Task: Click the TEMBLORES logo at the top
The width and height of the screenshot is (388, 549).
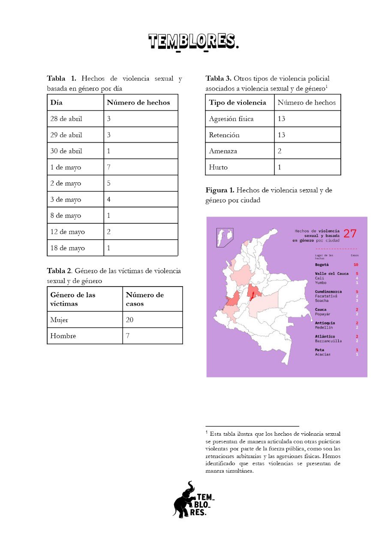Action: [x=193, y=42]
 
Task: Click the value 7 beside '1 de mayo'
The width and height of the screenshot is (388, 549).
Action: [x=109, y=167]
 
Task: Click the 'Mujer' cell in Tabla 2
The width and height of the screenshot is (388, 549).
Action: [x=59, y=320]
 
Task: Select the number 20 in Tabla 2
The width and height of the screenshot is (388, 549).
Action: [x=130, y=320]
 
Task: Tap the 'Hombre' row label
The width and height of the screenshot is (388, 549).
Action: [x=63, y=336]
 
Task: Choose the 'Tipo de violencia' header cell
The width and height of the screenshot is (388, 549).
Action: [x=238, y=103]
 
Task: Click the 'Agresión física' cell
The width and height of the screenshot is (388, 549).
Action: [x=231, y=119]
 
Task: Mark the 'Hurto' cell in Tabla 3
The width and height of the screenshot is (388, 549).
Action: [x=218, y=167]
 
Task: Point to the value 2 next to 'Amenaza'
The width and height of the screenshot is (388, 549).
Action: [x=280, y=151]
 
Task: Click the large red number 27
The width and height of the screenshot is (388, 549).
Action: [x=349, y=234]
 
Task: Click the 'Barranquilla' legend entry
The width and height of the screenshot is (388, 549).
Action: [x=328, y=341]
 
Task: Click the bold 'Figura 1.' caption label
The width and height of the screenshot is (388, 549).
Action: [x=220, y=190]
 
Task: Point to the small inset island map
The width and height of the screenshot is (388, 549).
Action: [x=225, y=237]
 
